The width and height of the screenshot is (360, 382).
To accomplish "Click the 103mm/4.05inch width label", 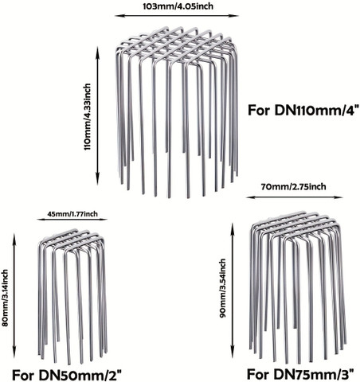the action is tap(178, 6).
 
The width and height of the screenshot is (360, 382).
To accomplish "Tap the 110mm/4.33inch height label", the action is tap(88, 117).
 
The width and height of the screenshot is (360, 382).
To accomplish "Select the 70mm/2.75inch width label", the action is tap(293, 187).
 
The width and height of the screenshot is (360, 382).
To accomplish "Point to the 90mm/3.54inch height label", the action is tap(222, 288).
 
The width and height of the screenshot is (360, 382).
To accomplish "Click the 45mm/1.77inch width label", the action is tap(72, 213).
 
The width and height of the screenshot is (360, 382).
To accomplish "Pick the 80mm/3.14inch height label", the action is tap(5, 298).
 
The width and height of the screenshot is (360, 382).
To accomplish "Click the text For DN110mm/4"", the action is tap(303, 110).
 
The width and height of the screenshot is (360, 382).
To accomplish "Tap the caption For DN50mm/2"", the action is tap(67, 375).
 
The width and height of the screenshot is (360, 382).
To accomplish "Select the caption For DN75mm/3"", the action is tap(300, 374).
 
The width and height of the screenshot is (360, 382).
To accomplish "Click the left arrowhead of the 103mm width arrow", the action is tap(118, 16).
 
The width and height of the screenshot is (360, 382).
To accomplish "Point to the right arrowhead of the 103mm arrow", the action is tap(236, 16).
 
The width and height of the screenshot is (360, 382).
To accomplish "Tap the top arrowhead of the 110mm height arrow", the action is tap(98, 50).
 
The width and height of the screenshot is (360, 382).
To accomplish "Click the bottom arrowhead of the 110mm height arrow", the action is tap(98, 181).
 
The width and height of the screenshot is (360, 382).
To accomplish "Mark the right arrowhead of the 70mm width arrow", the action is tap(340, 197).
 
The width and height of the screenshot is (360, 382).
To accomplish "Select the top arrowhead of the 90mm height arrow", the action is tap(233, 226).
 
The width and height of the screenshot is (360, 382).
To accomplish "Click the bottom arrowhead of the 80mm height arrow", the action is tap(14, 357).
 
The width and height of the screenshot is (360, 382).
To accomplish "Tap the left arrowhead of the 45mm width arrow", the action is tap(40, 220).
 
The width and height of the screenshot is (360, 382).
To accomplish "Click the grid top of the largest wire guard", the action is tap(176, 46).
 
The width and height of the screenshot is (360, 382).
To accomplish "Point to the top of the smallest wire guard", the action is tap(72, 240).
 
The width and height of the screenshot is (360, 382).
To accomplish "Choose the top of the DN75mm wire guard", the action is tap(295, 227).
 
